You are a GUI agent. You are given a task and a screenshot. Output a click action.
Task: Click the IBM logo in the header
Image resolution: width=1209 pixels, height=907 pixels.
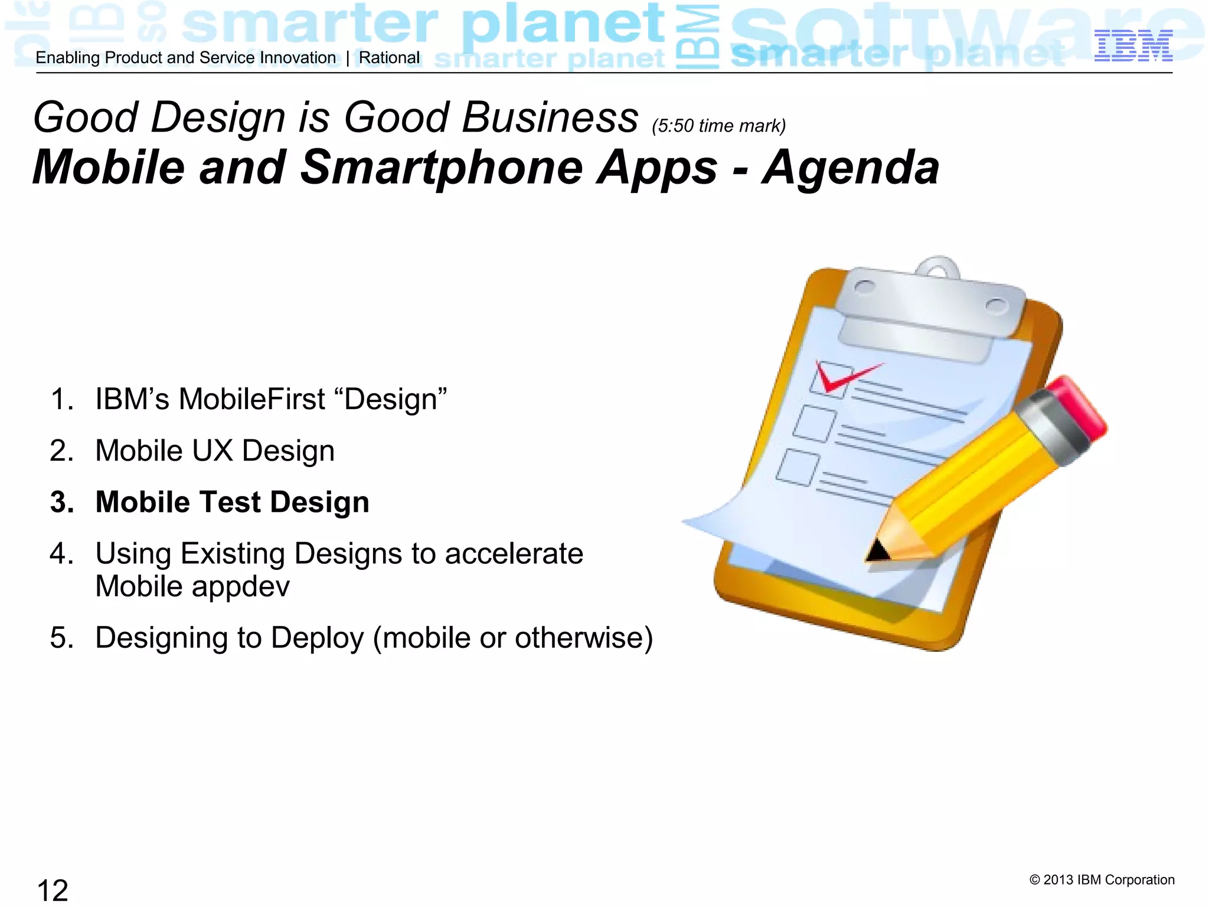1133,46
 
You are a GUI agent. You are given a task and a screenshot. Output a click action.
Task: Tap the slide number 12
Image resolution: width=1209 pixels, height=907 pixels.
53,890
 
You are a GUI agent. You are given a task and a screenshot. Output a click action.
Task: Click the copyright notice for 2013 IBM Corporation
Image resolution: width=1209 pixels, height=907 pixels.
1102,880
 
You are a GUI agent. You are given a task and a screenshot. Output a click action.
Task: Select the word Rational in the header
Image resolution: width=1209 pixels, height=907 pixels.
389,58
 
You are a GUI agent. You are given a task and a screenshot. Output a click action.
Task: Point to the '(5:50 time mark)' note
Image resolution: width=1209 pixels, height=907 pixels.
718,126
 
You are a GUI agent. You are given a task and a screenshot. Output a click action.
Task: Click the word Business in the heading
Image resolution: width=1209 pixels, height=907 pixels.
550,118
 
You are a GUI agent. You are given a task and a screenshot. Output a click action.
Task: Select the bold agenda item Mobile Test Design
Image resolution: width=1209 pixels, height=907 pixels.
232,502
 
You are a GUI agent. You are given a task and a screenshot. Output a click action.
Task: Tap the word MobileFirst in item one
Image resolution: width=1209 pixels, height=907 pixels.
251,399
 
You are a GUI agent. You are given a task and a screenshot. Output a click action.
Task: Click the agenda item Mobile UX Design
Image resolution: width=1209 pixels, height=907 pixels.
215,451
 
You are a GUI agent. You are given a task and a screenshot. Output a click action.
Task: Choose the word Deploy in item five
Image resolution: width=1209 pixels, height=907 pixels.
318,638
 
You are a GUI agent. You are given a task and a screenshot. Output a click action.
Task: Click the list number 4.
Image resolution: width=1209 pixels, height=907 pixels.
61,554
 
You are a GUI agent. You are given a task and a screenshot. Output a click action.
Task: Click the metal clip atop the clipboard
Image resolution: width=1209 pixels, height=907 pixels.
933,307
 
